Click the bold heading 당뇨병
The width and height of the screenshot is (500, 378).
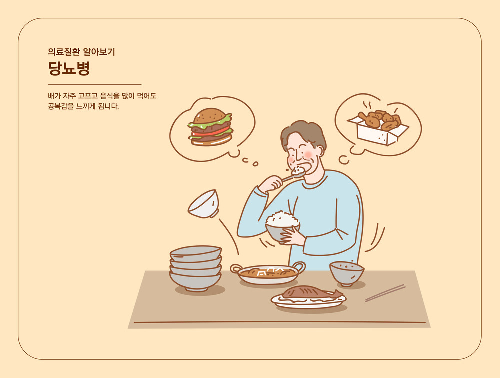(x=69, y=68)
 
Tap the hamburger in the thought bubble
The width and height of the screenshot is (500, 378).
(x=211, y=127)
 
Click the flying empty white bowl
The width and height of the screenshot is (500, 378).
(x=204, y=204)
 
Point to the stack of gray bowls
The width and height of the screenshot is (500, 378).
(x=196, y=268)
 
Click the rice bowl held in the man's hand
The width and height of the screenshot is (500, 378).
(x=282, y=227)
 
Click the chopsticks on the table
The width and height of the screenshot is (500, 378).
(x=385, y=293)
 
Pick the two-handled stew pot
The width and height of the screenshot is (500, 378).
(x=268, y=273)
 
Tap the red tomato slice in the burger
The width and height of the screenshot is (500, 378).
(x=211, y=132)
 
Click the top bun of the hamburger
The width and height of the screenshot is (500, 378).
(x=210, y=115)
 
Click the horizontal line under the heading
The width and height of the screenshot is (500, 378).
(x=94, y=85)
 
